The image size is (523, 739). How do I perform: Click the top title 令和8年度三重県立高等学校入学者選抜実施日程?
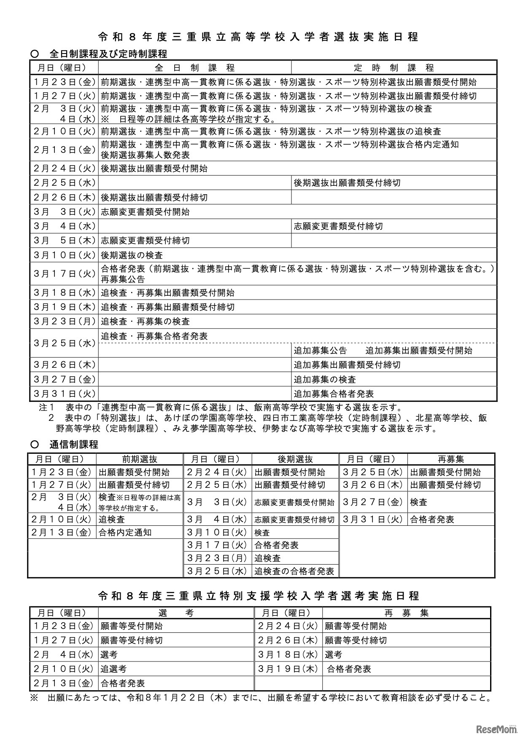(x=258, y=37)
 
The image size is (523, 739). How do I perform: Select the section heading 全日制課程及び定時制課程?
(x=108, y=54)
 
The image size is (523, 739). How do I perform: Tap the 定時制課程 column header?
(x=394, y=68)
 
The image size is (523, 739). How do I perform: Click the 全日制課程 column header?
(x=194, y=68)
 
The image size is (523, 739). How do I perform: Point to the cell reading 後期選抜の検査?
(x=132, y=255)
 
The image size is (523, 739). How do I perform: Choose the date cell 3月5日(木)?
(x=65, y=241)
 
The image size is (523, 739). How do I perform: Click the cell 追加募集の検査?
(x=325, y=380)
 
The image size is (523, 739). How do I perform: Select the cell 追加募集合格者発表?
(x=334, y=394)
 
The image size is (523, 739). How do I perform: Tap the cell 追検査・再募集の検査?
(x=146, y=321)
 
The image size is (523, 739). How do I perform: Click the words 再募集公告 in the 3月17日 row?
(x=123, y=279)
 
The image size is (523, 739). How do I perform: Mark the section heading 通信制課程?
(x=74, y=444)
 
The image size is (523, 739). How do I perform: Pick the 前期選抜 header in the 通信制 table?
(x=140, y=459)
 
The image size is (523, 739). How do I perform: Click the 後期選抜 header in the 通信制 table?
(x=295, y=459)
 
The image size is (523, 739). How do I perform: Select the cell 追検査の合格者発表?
(x=294, y=571)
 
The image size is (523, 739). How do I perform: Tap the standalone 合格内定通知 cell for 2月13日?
(x=125, y=532)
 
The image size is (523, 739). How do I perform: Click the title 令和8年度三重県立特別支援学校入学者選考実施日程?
(x=258, y=596)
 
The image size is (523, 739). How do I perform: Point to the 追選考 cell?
(x=113, y=669)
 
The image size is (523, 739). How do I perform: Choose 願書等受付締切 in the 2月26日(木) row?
(x=356, y=640)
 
